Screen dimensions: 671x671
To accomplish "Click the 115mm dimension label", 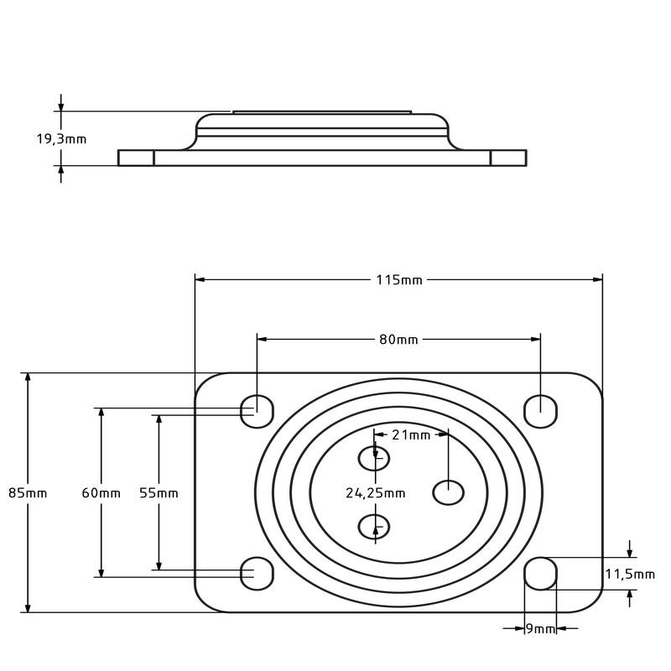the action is click(399, 280).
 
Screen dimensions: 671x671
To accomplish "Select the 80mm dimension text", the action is click(398, 340).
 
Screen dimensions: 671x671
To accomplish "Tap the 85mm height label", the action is click(28, 493).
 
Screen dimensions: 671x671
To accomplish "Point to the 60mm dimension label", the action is click(101, 493).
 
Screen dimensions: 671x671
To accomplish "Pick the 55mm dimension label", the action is click(159, 493).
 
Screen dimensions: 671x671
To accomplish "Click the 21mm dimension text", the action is click(411, 435).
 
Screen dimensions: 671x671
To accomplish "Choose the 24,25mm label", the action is click(375, 493).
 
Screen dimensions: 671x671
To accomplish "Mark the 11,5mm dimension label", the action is click(630, 575).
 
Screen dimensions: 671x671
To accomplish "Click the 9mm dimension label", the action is click(540, 628).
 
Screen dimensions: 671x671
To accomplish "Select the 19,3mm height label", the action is click(61, 139).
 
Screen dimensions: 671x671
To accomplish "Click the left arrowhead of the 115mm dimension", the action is click(200, 280).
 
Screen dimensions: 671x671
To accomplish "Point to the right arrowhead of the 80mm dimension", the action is click(535, 340).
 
